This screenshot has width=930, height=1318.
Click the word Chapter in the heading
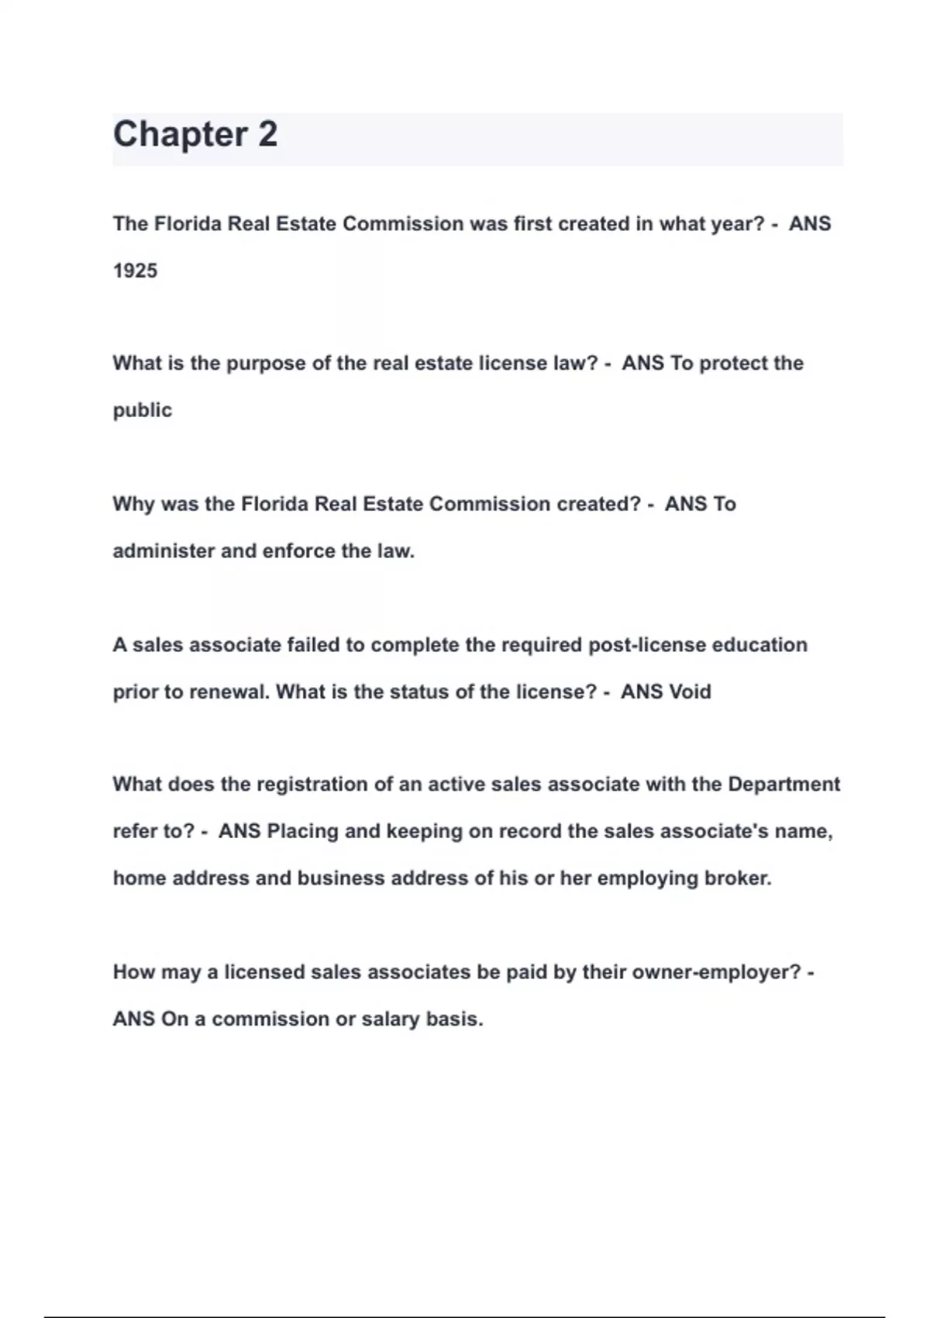point(180,135)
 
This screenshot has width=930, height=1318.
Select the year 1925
point(135,271)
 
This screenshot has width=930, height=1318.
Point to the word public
point(143,410)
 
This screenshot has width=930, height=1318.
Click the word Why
point(133,504)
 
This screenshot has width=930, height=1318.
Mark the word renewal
point(229,692)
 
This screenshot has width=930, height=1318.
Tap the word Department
point(784,785)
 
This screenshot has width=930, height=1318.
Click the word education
point(759,645)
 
